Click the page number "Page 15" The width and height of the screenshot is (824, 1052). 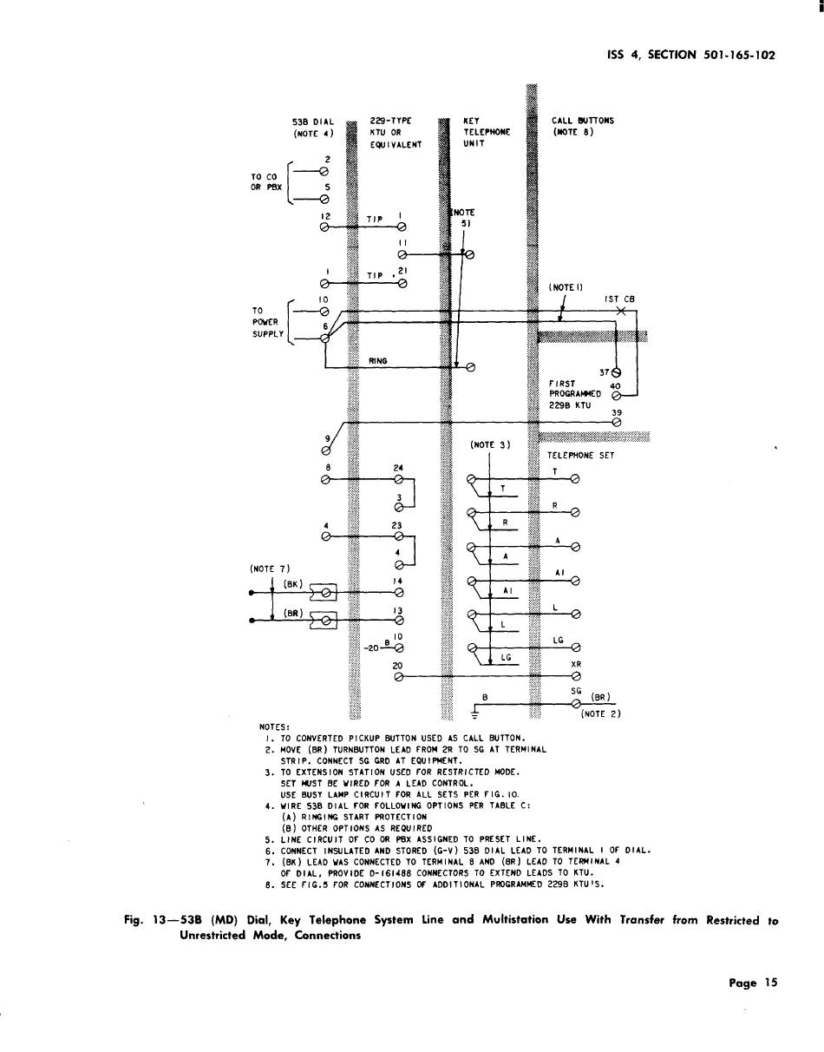(x=753, y=983)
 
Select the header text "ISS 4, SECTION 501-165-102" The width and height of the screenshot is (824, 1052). (x=690, y=55)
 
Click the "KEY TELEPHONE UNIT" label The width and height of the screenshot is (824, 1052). (x=487, y=133)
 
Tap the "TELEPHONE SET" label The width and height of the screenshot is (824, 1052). (x=580, y=455)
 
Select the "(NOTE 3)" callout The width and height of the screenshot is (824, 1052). (x=490, y=445)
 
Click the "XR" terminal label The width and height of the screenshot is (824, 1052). (x=575, y=664)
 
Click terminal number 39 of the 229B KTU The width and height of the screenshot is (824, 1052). (x=617, y=413)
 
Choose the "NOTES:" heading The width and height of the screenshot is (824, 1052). (x=275, y=727)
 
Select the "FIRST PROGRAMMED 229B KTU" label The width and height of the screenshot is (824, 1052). (x=573, y=393)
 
